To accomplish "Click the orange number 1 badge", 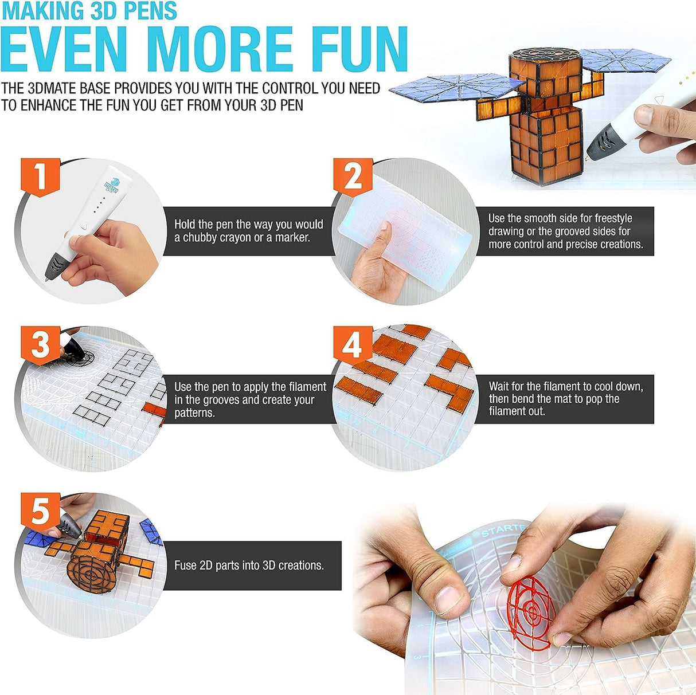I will tap(40, 176).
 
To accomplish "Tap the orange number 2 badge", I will tap(353, 176).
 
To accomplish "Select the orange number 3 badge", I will tap(40, 344).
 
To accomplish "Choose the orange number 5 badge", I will tap(40, 510).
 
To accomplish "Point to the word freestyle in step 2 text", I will tap(613, 218).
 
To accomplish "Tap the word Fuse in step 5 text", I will tap(185, 566).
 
